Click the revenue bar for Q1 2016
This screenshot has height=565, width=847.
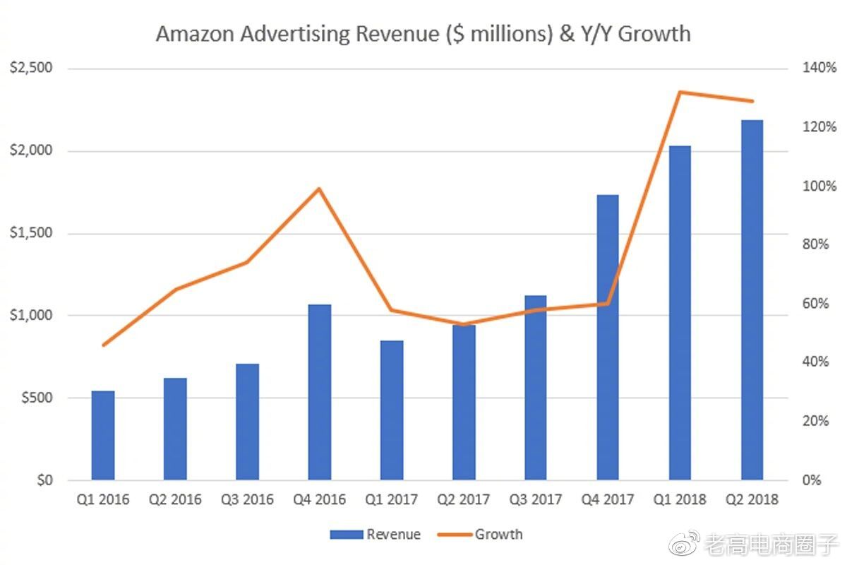(x=103, y=435)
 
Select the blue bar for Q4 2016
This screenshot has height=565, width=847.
(x=320, y=392)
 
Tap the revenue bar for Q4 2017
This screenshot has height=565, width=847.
(x=608, y=338)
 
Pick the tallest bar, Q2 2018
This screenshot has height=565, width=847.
(x=752, y=300)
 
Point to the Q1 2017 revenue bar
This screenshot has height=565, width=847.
(x=392, y=410)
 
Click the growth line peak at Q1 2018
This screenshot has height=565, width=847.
(x=680, y=92)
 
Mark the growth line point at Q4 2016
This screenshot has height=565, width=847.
(x=319, y=189)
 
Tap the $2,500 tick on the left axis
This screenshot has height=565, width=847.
(x=31, y=69)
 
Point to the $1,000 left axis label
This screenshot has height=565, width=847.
(x=31, y=316)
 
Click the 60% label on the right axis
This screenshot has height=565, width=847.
(x=817, y=304)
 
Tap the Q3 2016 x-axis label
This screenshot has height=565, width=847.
(x=247, y=500)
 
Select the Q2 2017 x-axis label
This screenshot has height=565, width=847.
(x=464, y=500)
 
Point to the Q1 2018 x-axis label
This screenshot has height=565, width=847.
(x=680, y=500)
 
